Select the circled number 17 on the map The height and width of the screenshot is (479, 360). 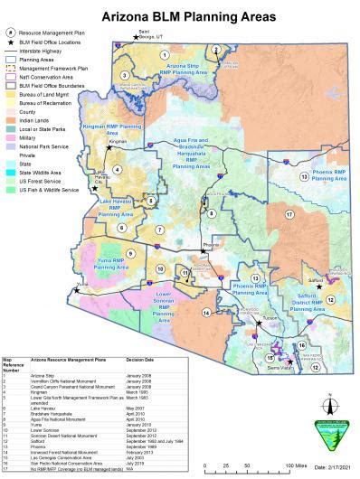point(289,214)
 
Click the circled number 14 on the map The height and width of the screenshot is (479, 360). point(207,312)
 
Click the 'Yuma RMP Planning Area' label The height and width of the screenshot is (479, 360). point(111,265)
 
